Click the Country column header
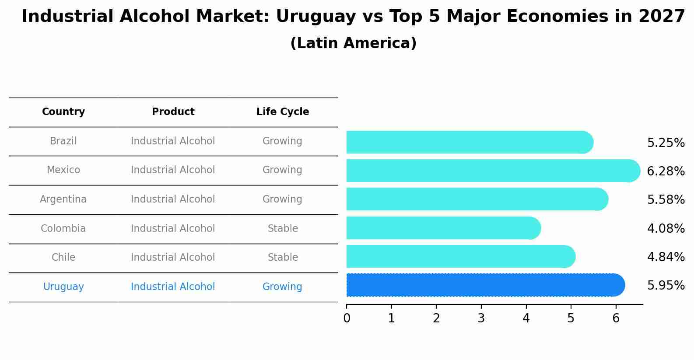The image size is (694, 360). tap(63, 112)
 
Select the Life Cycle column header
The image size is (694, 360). tap(283, 112)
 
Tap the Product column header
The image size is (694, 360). tap(173, 112)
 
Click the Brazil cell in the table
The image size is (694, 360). tap(63, 141)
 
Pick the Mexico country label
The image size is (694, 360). tap(63, 170)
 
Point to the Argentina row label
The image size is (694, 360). tap(63, 199)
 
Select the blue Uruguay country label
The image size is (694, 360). tap(63, 287)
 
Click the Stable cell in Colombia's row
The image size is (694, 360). tap(283, 229)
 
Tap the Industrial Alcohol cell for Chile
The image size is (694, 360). tap(173, 258)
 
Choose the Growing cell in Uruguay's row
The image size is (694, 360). tap(282, 287)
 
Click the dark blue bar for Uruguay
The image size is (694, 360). tap(481, 285)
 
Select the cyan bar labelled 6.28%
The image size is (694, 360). tap(490, 171)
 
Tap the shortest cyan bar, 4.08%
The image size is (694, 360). tap(442, 228)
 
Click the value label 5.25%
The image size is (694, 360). tap(666, 143)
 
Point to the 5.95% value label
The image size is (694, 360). tap(666, 286)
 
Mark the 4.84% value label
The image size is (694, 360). tap(666, 257)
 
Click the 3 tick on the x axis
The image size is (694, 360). tap(481, 318)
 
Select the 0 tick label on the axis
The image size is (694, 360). tap(347, 318)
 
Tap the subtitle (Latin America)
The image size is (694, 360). tap(353, 43)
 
